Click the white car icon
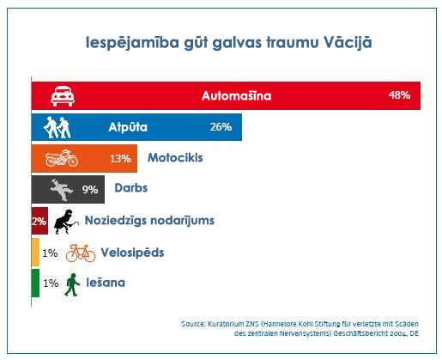[x=63, y=96]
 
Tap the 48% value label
[x=399, y=95]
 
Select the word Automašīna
[x=236, y=95]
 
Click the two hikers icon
[x=57, y=127]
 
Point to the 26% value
[x=221, y=127]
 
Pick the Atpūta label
[x=128, y=127]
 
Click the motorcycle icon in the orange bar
[x=62, y=158]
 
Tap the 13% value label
[x=120, y=158]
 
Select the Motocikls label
[x=175, y=158]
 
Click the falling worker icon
[x=61, y=190]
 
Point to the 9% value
[x=90, y=189]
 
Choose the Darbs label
[x=131, y=188]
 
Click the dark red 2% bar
[x=39, y=221]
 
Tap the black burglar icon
[x=66, y=222]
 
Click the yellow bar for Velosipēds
[x=35, y=253]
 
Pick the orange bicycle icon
[x=81, y=253]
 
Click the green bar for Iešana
[x=35, y=283]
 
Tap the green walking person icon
[x=72, y=284]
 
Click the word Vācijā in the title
[x=348, y=42]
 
